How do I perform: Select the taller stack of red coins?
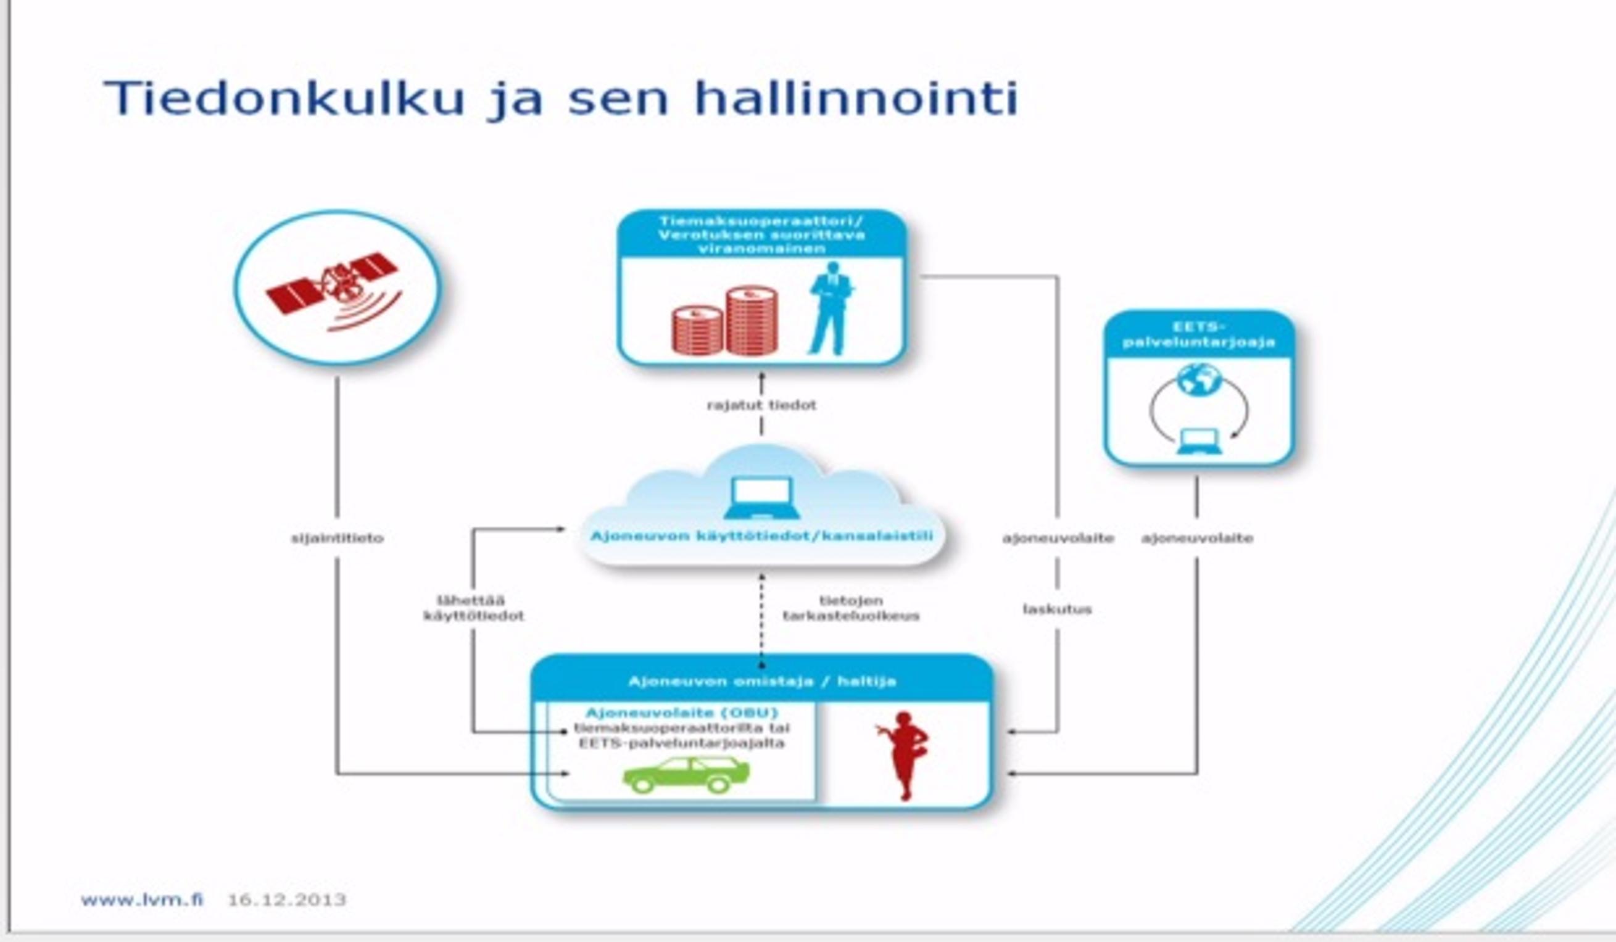pos(752,320)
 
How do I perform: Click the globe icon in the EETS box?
pos(1198,379)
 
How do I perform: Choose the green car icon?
pos(686,775)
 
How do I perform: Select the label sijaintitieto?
pos(338,538)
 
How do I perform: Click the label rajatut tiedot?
pos(762,405)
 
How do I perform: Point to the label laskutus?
pos(1057,609)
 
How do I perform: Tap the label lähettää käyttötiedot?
pos(473,608)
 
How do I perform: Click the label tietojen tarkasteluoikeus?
pos(851,608)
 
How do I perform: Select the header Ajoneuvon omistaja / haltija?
pos(762,682)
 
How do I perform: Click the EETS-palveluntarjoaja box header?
pos(1198,335)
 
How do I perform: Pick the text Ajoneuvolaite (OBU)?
pos(682,713)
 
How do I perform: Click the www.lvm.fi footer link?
pos(142,899)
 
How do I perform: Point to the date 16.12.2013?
pos(287,899)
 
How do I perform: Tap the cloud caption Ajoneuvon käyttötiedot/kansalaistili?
pos(761,536)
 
